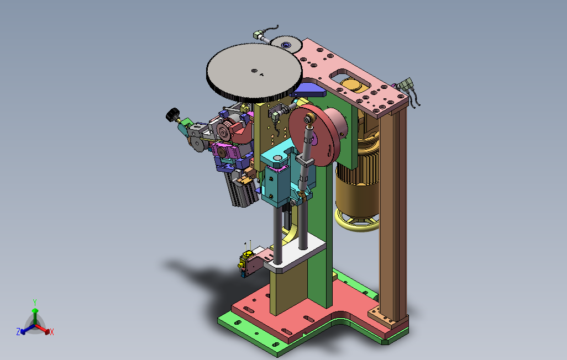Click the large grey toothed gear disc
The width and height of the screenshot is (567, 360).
coord(254,72)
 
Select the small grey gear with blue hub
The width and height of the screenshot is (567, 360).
coord(286,45)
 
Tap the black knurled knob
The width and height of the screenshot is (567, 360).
coord(173,115)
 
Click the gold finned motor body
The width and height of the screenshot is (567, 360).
coord(358,181)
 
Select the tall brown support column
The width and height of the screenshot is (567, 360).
coord(393,213)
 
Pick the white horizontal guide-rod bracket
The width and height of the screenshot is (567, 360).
coord(295,253)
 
